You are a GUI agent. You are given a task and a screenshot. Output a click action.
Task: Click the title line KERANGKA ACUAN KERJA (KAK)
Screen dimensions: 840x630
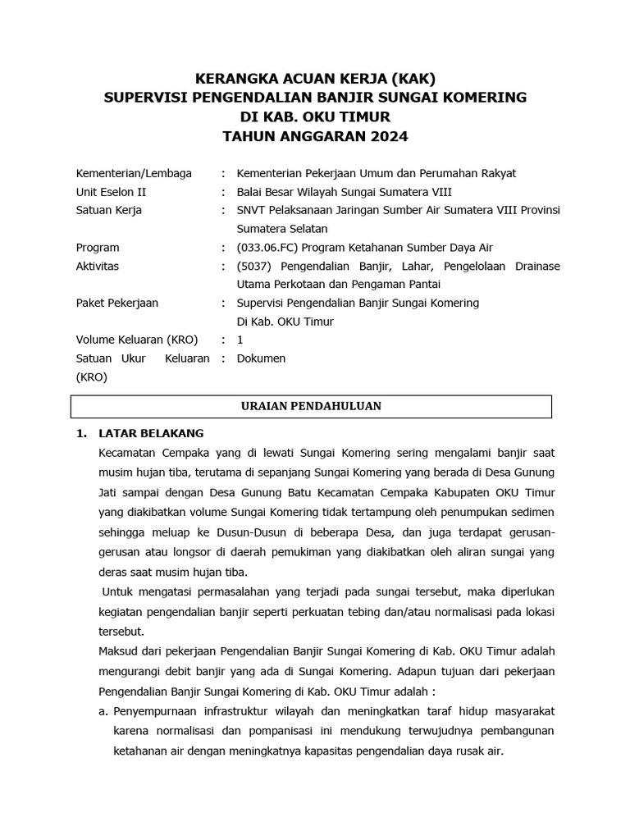click(315, 80)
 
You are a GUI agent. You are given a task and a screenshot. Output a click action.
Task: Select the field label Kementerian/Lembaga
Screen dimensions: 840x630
click(134, 173)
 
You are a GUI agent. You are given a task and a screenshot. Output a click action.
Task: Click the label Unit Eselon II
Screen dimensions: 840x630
click(111, 192)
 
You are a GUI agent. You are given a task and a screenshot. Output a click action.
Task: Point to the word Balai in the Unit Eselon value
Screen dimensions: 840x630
click(251, 192)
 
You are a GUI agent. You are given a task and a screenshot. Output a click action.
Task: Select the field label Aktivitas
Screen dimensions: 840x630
click(98, 267)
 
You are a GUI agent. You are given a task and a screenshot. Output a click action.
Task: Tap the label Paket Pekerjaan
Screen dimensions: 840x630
click(117, 303)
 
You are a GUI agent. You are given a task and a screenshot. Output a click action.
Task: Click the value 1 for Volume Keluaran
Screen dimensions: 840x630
click(240, 340)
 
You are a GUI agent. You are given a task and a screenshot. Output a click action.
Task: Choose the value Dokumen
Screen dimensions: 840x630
click(261, 358)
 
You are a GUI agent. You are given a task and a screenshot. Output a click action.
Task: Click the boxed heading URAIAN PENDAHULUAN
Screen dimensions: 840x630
click(311, 406)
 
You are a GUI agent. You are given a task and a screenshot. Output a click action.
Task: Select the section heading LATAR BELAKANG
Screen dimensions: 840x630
click(151, 433)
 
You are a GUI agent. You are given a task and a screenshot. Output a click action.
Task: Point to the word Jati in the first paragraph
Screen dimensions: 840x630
click(112, 492)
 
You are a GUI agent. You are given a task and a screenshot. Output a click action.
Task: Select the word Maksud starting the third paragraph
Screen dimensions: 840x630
click(121, 651)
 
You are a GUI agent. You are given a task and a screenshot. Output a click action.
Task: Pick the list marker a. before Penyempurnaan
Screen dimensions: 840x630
click(104, 710)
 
